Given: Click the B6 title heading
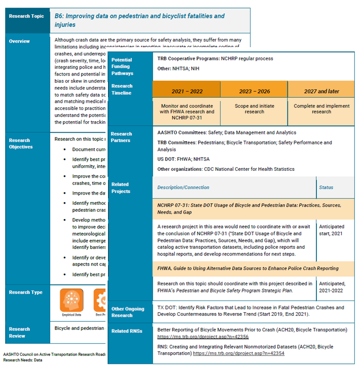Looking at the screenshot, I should (x=139, y=20).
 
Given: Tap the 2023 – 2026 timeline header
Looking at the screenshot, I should (x=254, y=91).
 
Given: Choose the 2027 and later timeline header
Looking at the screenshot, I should (x=321, y=91).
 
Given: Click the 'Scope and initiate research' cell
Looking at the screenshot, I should (x=254, y=109).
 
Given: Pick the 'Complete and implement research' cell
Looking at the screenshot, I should (x=321, y=109).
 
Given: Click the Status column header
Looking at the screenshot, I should (x=326, y=188).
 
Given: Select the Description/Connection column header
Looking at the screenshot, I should (x=184, y=188).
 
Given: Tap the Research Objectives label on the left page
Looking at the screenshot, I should (x=21, y=143).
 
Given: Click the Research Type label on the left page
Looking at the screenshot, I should (x=25, y=292).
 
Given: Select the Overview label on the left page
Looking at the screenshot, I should (x=19, y=41).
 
